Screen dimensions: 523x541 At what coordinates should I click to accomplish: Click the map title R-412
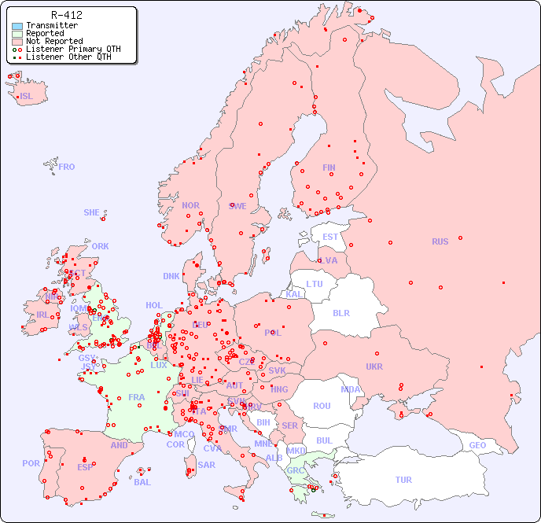pos(66,15)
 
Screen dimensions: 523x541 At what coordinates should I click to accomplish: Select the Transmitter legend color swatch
pos(17,25)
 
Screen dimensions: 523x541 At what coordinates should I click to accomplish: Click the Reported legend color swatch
pos(17,33)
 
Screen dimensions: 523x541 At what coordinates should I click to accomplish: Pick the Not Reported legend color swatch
pos(17,41)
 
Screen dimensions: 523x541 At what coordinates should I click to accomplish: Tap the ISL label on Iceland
pos(27,97)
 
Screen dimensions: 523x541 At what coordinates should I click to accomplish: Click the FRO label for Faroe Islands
pos(67,167)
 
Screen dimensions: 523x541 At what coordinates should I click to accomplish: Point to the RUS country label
pos(440,241)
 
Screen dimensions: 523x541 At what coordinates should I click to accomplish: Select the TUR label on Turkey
pos(403,480)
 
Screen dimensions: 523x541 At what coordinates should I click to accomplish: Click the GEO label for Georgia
pos(477,445)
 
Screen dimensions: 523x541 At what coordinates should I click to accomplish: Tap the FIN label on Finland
pos(329,168)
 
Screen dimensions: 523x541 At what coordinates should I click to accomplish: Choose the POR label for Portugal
pos(31,463)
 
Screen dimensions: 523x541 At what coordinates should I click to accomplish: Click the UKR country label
pos(374,366)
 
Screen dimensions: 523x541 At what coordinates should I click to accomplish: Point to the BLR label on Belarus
pos(341,312)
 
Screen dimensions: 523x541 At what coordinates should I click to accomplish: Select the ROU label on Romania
pos(322,406)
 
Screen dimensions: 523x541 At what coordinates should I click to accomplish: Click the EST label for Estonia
pos(330,237)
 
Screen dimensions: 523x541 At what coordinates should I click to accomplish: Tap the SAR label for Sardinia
pos(207,465)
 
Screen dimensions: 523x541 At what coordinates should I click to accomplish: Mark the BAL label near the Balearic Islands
pos(142,482)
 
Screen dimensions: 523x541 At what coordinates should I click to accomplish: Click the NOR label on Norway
pos(190,205)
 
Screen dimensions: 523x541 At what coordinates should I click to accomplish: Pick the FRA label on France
pos(137,397)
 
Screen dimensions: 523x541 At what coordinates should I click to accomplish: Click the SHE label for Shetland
pos(92,212)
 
